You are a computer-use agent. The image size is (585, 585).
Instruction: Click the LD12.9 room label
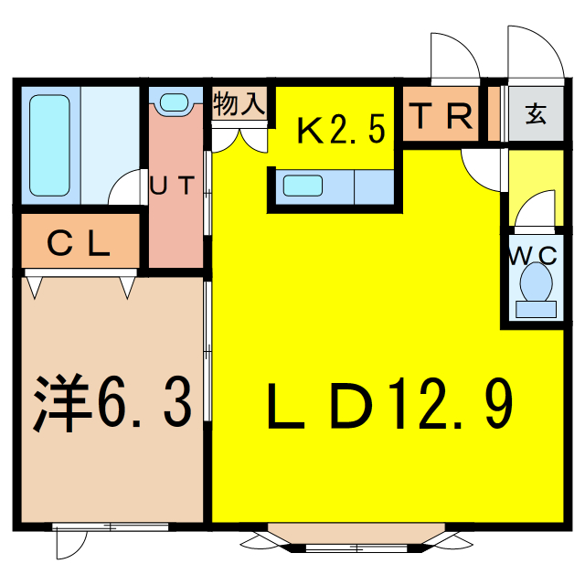(x=388, y=407)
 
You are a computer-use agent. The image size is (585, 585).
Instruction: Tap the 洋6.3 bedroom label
(x=113, y=402)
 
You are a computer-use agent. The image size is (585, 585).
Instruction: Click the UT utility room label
(x=173, y=186)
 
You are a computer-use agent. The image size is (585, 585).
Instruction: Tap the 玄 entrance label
(x=535, y=116)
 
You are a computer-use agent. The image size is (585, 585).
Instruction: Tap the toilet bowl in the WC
(x=536, y=283)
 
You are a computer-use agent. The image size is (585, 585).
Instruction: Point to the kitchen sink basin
(x=303, y=186)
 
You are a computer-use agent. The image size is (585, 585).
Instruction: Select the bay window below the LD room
(x=357, y=538)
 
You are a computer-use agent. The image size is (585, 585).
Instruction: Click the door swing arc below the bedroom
(x=69, y=543)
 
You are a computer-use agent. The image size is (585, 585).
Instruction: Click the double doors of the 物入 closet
(x=239, y=136)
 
